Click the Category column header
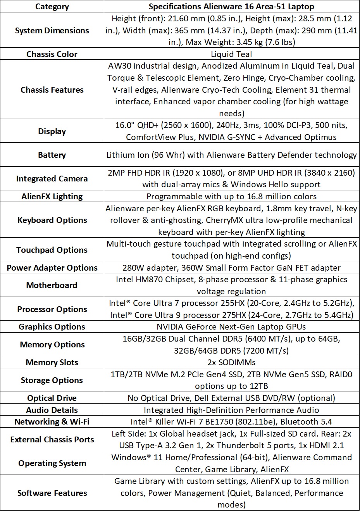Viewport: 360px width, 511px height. pos(52,7)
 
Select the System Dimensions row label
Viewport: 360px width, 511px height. pos(52,30)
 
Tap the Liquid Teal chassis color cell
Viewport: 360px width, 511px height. pos(231,54)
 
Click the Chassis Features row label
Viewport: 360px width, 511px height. pos(52,90)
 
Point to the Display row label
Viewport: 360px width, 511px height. pos(52,131)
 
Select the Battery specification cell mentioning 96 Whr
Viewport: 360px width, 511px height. pos(231,155)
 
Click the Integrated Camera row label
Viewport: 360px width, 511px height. pos(52,178)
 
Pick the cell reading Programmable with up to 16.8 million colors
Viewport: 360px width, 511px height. pos(231,196)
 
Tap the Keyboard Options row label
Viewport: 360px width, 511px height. pos(52,220)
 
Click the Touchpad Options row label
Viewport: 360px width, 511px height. pos(52,250)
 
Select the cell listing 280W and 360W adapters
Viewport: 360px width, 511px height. pos(231,268)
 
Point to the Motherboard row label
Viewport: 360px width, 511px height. pos(52,285)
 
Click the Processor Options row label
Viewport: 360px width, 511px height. pos(52,309)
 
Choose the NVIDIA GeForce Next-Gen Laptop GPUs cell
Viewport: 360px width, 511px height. pos(231,326)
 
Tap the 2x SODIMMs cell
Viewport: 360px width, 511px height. pos(231,362)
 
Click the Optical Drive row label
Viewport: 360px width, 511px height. pos(52,398)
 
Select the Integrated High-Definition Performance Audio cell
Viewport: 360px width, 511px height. pos(231,410)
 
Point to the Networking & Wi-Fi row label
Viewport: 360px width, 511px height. pos(52,421)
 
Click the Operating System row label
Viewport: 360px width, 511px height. pos(52,463)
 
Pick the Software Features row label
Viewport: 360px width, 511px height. pos(52,493)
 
